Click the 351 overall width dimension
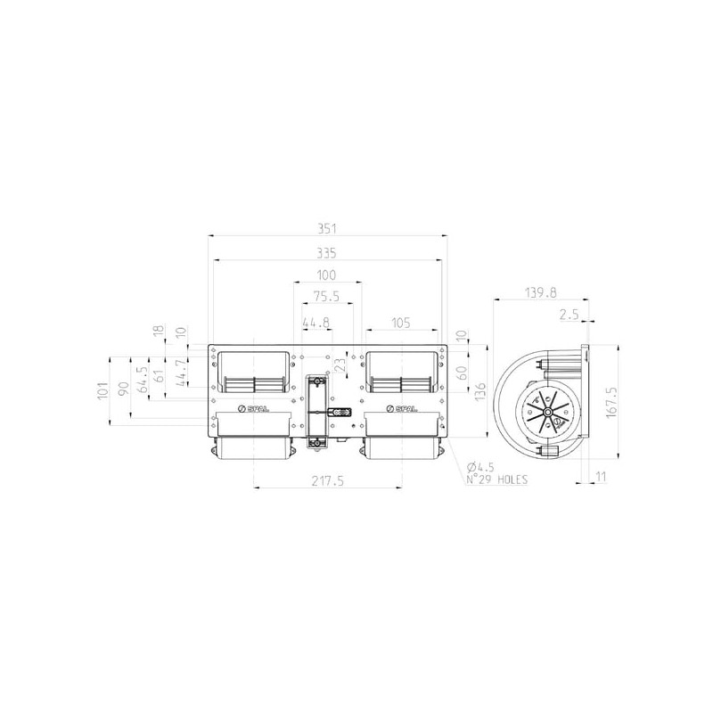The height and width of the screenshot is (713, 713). (x=326, y=229)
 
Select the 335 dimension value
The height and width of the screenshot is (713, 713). (x=326, y=253)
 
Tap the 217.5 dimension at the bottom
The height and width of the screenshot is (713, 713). (x=327, y=480)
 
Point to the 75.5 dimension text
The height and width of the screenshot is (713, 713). (x=326, y=297)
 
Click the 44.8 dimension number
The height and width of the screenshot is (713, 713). (x=316, y=323)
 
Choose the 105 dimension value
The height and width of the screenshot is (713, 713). (x=400, y=323)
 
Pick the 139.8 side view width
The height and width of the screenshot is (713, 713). (x=541, y=292)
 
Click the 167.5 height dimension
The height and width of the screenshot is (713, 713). (x=611, y=402)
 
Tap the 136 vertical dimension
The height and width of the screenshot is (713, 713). (x=479, y=392)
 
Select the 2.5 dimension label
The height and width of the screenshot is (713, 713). (x=569, y=315)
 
